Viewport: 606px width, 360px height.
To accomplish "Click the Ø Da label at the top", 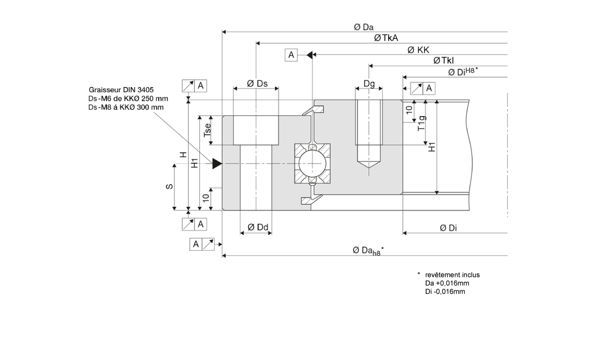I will click(x=364, y=27).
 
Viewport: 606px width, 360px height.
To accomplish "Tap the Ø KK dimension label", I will click(x=418, y=50).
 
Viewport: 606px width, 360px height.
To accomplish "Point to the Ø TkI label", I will click(x=444, y=61).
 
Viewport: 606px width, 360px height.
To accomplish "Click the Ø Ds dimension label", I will click(x=257, y=84).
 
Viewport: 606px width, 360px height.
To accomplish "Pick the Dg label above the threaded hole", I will click(x=369, y=84).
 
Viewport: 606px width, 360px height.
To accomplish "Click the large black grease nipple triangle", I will click(x=217, y=164).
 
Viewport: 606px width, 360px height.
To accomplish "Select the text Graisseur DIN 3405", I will click(x=121, y=89).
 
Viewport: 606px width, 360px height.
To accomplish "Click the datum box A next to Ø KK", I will click(x=291, y=55).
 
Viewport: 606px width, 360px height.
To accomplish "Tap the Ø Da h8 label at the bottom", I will click(x=368, y=251).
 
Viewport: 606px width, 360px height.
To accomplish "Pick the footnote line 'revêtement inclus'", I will click(x=452, y=275).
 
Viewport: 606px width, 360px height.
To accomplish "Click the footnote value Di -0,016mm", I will click(x=445, y=292).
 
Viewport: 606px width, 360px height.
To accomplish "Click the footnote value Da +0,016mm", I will click(x=447, y=283).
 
